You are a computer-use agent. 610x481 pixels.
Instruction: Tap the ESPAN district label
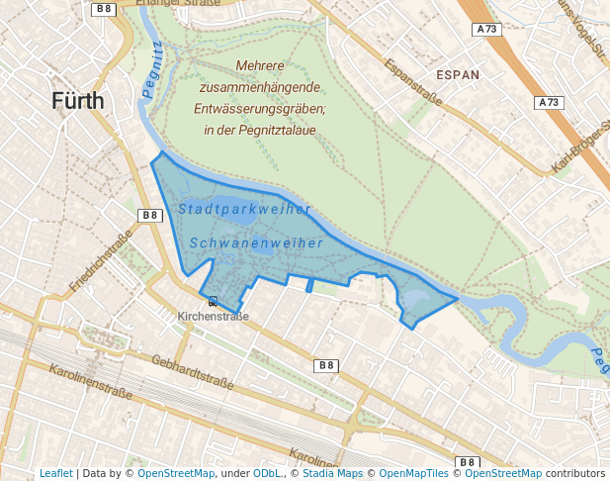point(458,74)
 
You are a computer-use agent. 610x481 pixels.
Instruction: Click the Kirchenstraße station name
point(213,317)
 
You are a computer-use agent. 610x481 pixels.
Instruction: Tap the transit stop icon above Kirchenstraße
point(213,301)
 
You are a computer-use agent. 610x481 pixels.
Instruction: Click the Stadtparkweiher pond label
point(244,209)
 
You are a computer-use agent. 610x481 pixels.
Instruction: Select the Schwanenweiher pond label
point(256,242)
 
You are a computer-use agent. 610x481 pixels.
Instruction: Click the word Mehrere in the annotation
point(260,66)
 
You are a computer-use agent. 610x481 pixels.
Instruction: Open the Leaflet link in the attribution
point(55,474)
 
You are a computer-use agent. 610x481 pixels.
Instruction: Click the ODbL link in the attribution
point(267,474)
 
